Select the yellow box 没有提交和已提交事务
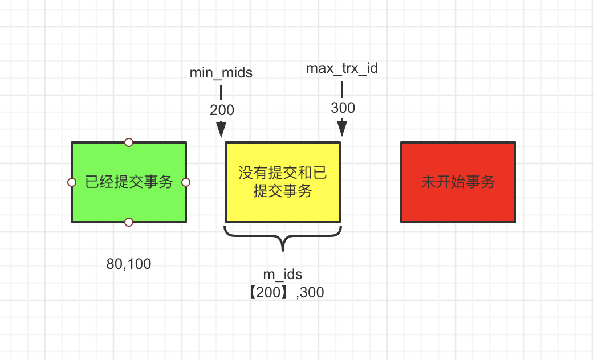click(x=283, y=182)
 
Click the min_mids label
click(x=221, y=73)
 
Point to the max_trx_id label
click(x=342, y=68)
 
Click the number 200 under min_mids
click(x=222, y=110)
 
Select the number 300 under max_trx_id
click(x=343, y=108)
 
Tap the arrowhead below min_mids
click(x=221, y=130)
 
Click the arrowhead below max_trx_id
click(x=342, y=128)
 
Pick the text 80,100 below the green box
click(x=129, y=264)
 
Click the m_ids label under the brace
click(x=283, y=275)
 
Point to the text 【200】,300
click(x=283, y=292)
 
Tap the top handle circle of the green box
click(x=129, y=142)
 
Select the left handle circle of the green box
click(x=72, y=182)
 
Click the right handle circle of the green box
click(x=186, y=182)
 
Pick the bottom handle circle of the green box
click(x=129, y=222)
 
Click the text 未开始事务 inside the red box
click(x=458, y=182)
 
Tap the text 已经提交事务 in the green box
click(x=129, y=182)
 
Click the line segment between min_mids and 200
click(x=221, y=92)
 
